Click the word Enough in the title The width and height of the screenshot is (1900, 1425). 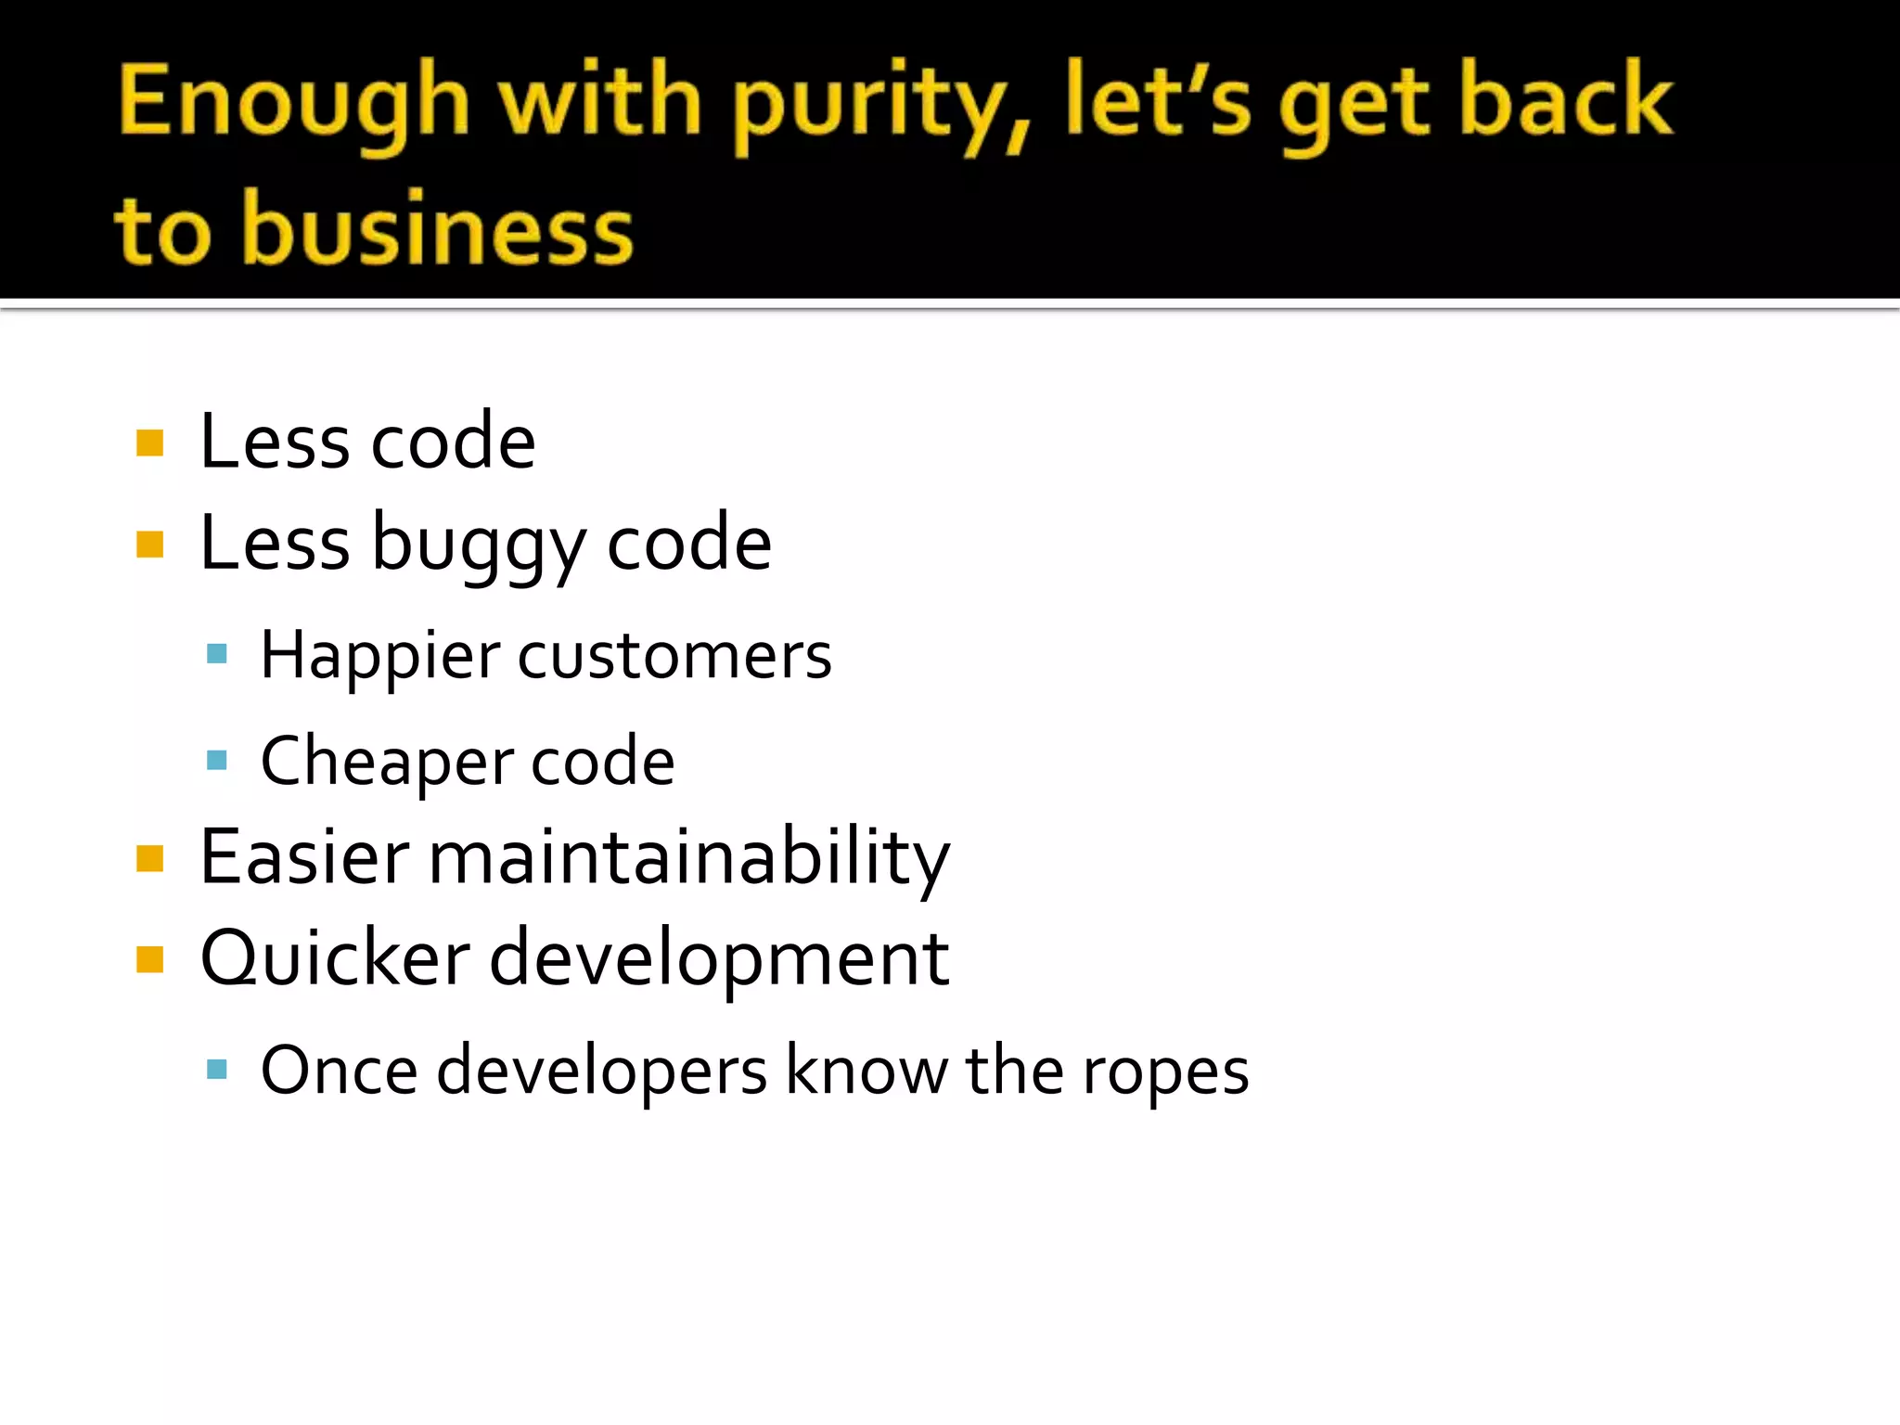[293, 102]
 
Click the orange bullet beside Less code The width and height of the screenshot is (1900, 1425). [149, 443]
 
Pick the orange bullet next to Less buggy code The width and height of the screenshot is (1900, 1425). [149, 544]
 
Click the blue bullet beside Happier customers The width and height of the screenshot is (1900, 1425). [217, 654]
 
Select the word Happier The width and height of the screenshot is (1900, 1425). [380, 657]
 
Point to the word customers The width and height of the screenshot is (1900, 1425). [674, 657]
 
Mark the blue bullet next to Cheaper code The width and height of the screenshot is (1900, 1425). [217, 761]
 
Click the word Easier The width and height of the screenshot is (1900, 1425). [304, 856]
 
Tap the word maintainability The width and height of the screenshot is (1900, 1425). [688, 858]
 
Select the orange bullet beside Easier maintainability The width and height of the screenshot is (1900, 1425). [149, 858]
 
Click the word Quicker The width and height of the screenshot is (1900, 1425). [335, 958]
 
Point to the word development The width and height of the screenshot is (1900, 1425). [719, 960]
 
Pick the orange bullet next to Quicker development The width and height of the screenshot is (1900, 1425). [149, 959]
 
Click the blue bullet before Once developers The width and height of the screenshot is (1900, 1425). [217, 1070]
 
